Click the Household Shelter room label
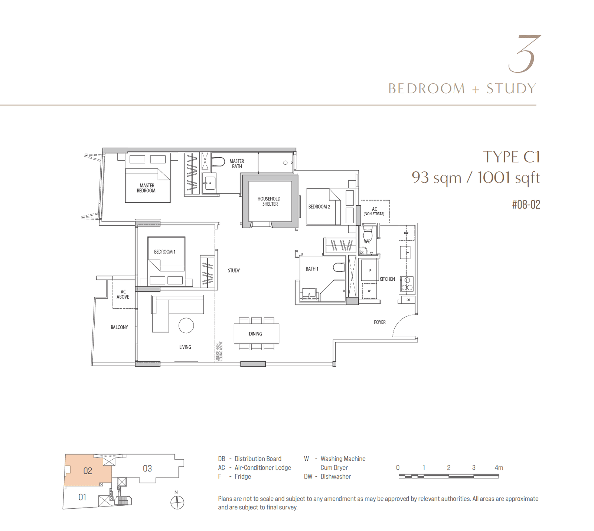pyautogui.click(x=269, y=202)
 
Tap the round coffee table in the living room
pyautogui.click(x=186, y=326)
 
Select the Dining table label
pyautogui.click(x=255, y=334)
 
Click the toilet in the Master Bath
pyautogui.click(x=219, y=162)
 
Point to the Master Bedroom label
pyautogui.click(x=147, y=188)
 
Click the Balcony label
pyautogui.click(x=119, y=327)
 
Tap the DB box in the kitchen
pyautogui.click(x=408, y=300)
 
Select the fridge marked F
pyautogui.click(x=370, y=270)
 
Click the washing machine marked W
pyautogui.click(x=369, y=291)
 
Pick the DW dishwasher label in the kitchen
pyautogui.click(x=406, y=233)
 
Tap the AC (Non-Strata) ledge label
pyautogui.click(x=374, y=211)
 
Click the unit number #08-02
pyautogui.click(x=526, y=205)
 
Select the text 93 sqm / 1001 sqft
pyautogui.click(x=476, y=178)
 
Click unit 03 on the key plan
pyautogui.click(x=147, y=469)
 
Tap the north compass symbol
pyautogui.click(x=177, y=503)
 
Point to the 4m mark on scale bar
pyautogui.click(x=499, y=468)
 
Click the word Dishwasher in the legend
pyautogui.click(x=336, y=477)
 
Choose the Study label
pyautogui.click(x=234, y=271)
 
